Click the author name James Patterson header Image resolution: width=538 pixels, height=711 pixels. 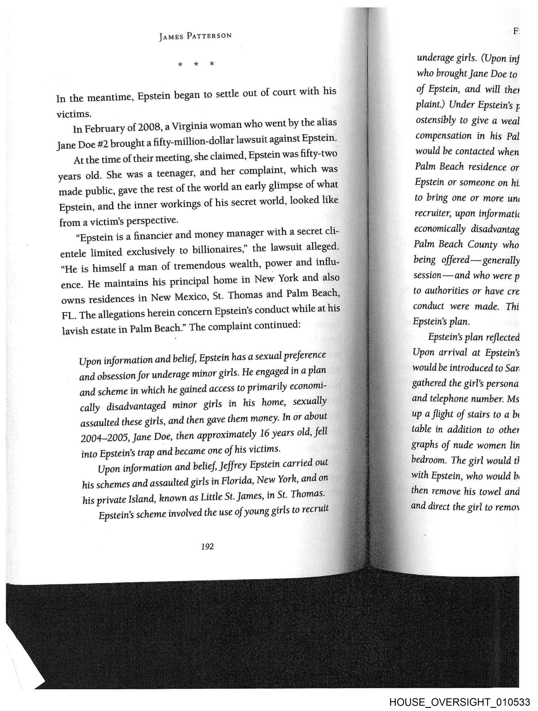pyautogui.click(x=195, y=36)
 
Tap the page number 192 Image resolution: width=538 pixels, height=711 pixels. pyautogui.click(x=207, y=546)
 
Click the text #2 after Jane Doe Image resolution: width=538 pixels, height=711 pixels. pyautogui.click(x=102, y=144)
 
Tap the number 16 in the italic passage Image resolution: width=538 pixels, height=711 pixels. pyautogui.click(x=264, y=434)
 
